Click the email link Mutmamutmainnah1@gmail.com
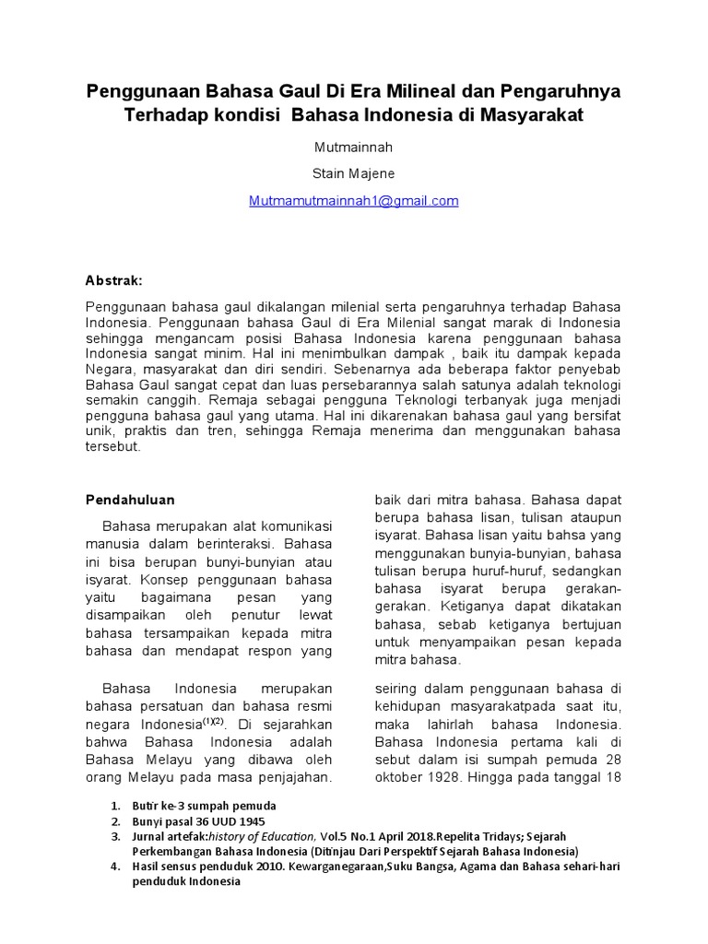tap(354, 201)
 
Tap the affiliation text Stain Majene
tap(354, 173)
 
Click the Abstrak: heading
tap(114, 279)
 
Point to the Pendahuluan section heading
tap(130, 500)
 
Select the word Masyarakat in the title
tap(529, 117)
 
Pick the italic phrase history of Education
tap(264, 836)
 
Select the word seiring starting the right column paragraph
tap(398, 689)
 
